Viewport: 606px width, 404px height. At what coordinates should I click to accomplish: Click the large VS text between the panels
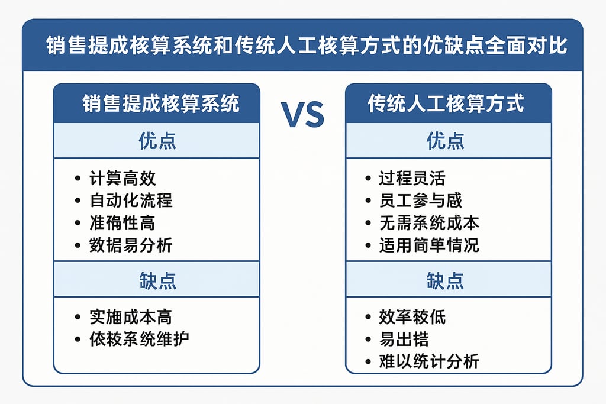(302, 115)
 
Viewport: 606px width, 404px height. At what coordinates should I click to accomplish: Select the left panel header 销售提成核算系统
(160, 104)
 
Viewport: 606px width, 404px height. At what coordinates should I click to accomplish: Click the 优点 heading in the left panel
(157, 141)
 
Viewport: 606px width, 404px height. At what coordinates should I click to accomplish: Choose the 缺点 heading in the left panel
(157, 280)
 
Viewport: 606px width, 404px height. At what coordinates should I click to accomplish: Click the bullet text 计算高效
(123, 178)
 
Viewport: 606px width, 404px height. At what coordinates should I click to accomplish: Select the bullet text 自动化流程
(131, 200)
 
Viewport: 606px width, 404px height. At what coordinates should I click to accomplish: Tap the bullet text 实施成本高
(131, 316)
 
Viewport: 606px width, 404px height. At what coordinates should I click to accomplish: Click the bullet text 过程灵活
(412, 178)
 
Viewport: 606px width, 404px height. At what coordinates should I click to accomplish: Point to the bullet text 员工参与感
(420, 200)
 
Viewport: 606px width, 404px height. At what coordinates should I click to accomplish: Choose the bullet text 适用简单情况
(429, 245)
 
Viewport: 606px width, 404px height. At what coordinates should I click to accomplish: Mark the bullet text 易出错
(404, 339)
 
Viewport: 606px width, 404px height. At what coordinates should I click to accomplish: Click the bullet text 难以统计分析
(429, 361)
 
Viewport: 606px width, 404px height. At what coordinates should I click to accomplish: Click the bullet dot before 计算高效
(78, 179)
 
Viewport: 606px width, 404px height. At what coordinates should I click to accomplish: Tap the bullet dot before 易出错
(368, 340)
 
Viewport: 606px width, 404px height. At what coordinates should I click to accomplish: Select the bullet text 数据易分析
(131, 245)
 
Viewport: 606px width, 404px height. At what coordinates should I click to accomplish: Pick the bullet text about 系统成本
(429, 222)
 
